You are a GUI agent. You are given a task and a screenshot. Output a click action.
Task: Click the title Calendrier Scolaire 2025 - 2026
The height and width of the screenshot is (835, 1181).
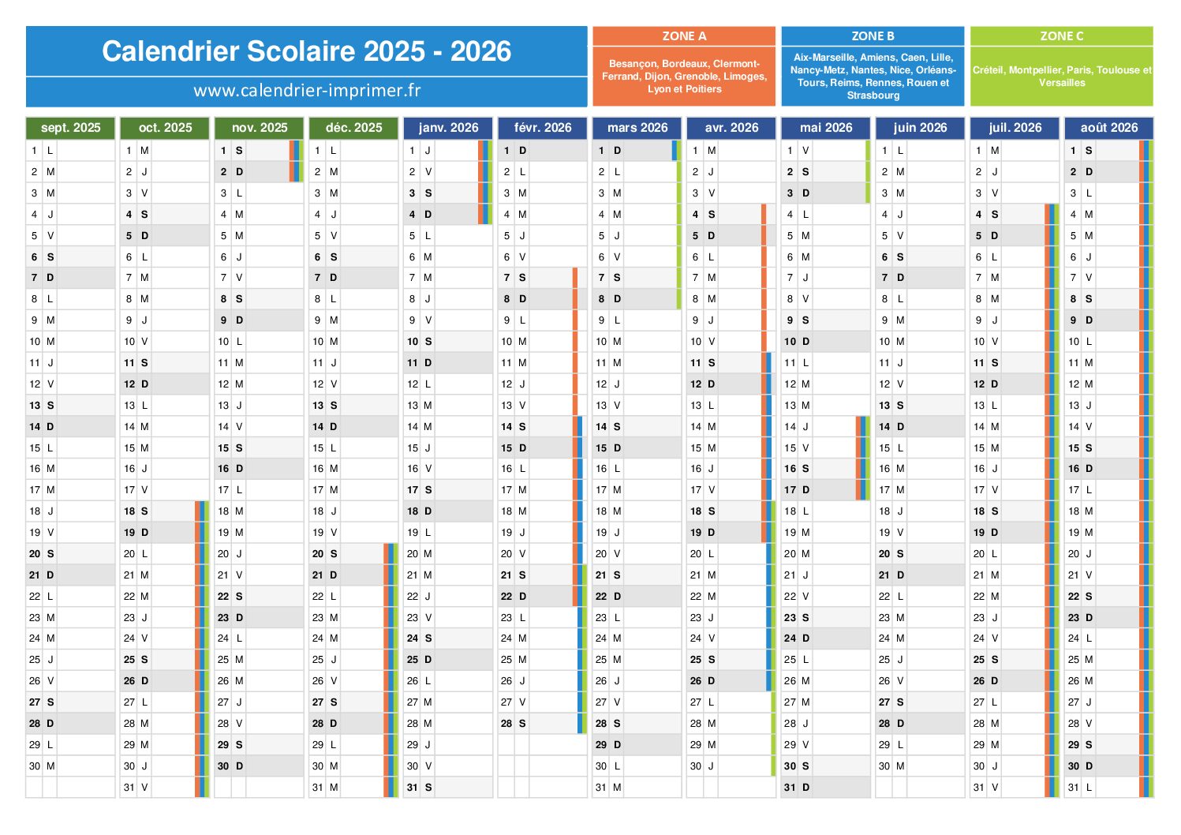pos(306,51)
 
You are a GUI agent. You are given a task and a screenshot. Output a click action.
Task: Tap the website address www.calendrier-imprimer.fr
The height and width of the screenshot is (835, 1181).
pos(306,91)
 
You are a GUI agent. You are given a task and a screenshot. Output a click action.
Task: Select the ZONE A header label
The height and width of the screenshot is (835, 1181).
pos(684,36)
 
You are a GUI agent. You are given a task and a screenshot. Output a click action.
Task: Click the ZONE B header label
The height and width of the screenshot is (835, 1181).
pos(873,36)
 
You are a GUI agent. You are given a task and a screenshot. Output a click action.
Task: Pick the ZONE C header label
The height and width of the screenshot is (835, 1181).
pos(1061,36)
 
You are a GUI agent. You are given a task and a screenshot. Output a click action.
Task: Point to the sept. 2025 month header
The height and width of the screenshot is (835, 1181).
pos(71,128)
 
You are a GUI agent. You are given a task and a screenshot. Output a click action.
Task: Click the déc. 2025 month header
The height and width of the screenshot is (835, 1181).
pos(353,128)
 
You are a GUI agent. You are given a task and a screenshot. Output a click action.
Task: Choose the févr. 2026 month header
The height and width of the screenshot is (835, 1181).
pos(543,128)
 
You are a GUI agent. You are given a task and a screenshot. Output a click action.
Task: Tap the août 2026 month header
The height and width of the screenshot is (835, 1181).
pos(1108,128)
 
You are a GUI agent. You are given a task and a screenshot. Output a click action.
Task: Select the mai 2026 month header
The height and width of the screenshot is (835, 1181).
pos(826,128)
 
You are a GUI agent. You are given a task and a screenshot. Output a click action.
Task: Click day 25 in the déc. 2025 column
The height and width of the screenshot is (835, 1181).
pos(318,660)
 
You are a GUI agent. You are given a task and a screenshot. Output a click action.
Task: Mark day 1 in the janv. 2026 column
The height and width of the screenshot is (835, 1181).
pos(413,151)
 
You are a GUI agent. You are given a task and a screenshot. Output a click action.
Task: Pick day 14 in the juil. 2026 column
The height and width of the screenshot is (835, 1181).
pos(979,427)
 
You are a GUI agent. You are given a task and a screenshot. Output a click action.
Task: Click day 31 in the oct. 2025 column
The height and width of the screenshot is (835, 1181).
pos(129,788)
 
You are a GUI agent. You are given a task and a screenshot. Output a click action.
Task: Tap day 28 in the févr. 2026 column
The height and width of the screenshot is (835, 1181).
pos(506,724)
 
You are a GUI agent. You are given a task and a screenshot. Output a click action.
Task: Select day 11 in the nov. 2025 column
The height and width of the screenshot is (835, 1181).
pos(224,363)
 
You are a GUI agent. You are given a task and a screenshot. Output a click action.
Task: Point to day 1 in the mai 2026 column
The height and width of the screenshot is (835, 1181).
pos(790,151)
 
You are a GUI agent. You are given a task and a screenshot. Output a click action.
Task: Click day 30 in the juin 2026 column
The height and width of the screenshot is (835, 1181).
pos(884,766)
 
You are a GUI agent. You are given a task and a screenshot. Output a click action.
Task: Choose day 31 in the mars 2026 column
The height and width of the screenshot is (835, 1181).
pos(601,788)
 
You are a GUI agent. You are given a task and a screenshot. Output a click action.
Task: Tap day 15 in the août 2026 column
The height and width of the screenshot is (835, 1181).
pos(1074,448)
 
